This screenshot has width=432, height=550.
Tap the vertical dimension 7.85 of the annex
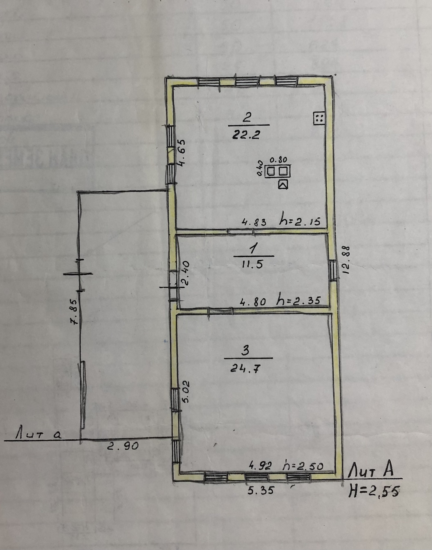pos(75,312)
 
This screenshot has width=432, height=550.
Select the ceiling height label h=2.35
pos(299,301)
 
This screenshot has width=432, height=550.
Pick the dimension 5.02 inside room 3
pos(186,392)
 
